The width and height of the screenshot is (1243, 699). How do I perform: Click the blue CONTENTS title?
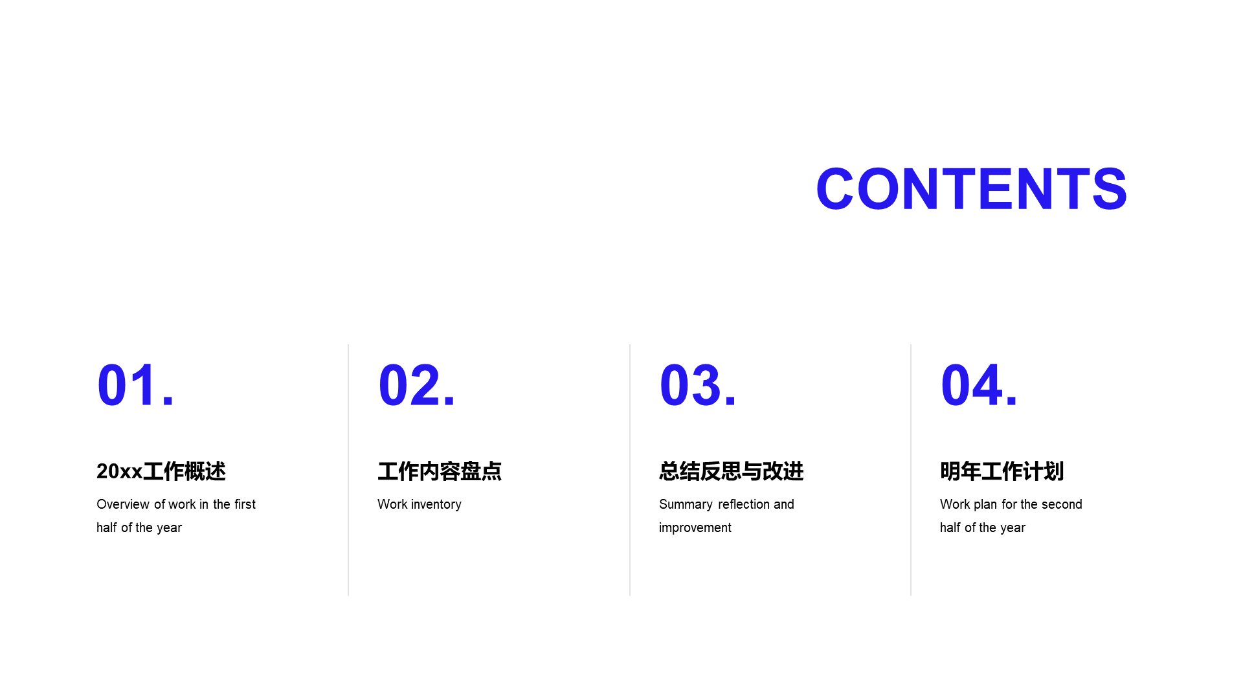point(971,189)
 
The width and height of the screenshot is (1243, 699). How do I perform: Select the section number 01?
point(135,385)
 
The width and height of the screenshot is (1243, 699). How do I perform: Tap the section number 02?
point(416,385)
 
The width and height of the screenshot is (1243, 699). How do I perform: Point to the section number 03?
point(697,385)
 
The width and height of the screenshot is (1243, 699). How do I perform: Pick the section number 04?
point(979,385)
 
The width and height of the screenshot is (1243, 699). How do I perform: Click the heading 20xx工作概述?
point(161,471)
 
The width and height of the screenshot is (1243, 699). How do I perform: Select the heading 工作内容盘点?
point(440,471)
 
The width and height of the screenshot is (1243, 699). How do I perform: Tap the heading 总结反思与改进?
point(732,471)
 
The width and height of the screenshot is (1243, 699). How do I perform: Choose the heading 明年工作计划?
point(1002,471)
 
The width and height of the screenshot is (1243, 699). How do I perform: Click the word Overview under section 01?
point(123,504)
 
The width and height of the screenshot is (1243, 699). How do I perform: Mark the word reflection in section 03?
point(743,504)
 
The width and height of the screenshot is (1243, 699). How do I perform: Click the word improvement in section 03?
point(695,528)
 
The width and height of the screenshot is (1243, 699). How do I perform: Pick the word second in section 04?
point(1062,504)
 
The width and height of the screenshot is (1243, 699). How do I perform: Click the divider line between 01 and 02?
point(348,470)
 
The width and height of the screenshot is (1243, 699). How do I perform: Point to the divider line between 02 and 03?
point(630,470)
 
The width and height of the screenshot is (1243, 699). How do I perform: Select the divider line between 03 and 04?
point(911,470)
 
